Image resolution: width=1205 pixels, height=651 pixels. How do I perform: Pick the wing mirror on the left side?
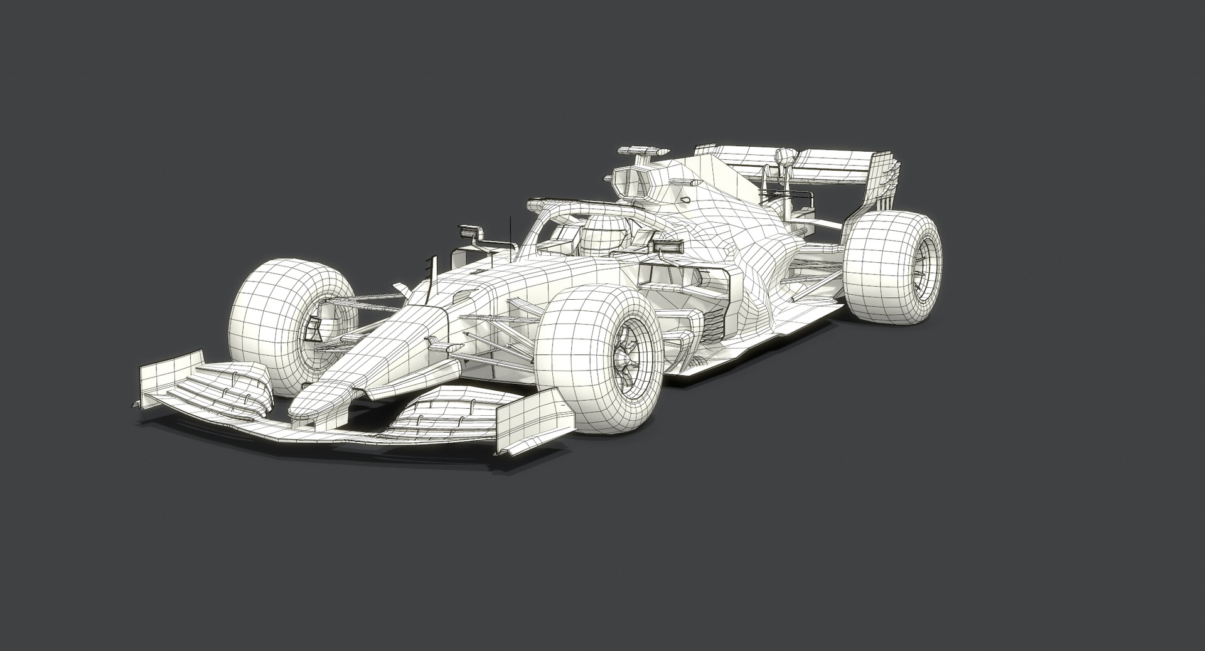471,233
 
